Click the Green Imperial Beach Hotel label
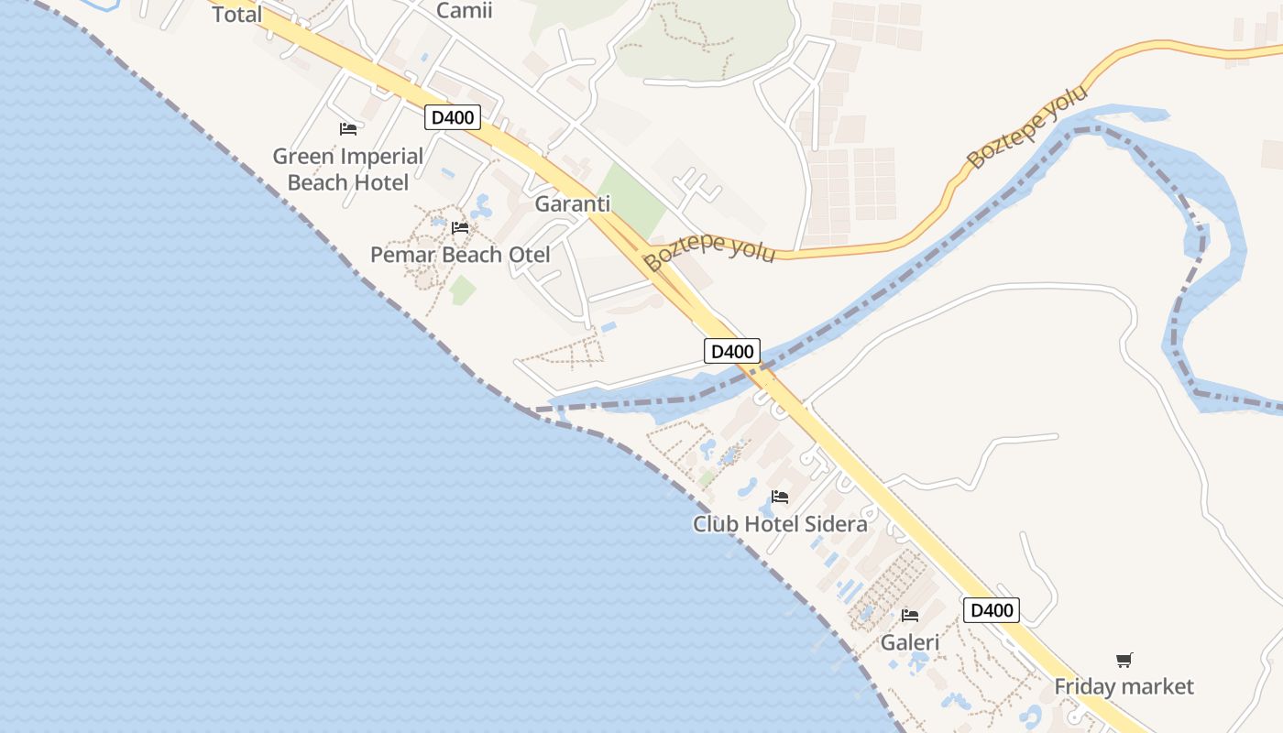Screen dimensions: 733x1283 point(348,170)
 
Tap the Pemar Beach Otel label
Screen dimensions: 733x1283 point(460,255)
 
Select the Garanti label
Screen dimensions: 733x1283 point(573,204)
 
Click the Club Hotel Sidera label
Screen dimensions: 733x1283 point(780,524)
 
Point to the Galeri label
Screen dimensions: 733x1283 point(910,642)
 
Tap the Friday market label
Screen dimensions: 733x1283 point(1124,686)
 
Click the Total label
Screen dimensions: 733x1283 point(237,14)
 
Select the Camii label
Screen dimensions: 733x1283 point(464,10)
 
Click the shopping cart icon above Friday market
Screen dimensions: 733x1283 point(1124,660)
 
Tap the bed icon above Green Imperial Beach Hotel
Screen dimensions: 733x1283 point(348,129)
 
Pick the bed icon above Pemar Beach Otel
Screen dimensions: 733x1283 point(460,227)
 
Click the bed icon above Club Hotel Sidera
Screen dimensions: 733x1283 point(780,497)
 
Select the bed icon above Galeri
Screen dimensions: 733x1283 point(910,615)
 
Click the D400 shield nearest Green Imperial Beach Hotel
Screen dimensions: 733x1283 point(453,117)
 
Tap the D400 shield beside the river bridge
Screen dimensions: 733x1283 point(732,351)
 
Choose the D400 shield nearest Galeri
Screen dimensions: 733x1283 point(992,610)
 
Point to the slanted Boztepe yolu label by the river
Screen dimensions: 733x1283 point(1027,127)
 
